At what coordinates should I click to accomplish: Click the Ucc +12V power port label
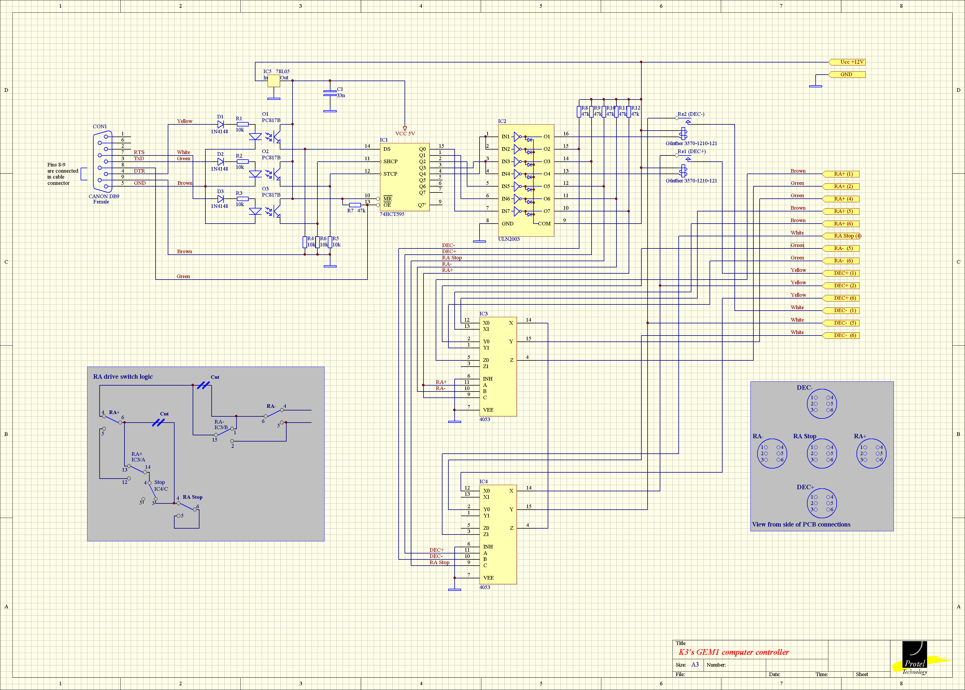[x=847, y=62]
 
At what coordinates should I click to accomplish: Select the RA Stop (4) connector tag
[x=842, y=236]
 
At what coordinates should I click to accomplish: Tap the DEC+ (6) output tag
[x=841, y=298]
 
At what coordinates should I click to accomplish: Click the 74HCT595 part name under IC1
[x=392, y=214]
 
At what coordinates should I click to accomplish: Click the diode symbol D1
[x=220, y=124]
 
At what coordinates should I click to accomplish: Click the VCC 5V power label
[x=405, y=134]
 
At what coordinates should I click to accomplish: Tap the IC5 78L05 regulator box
[x=274, y=81]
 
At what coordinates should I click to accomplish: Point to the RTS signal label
[x=139, y=152]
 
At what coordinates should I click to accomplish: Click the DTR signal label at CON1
[x=139, y=171]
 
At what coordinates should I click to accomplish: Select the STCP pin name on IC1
[x=390, y=174]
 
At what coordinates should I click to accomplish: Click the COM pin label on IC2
[x=544, y=224]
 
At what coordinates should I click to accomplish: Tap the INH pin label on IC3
[x=488, y=378]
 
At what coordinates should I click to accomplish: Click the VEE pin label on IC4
[x=488, y=578]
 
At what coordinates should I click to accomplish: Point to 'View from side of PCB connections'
[x=801, y=524]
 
